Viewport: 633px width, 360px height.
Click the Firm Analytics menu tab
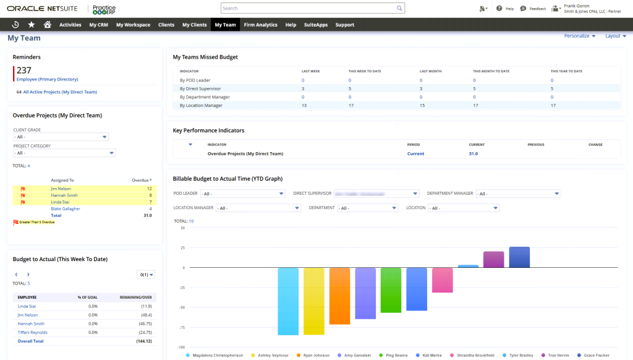coord(260,25)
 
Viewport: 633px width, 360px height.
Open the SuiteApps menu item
coord(316,25)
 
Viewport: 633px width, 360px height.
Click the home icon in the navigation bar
coord(48,25)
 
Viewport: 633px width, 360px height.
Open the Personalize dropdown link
coord(579,36)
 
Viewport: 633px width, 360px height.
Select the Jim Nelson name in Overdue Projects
coord(61,188)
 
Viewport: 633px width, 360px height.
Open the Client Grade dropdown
coord(61,137)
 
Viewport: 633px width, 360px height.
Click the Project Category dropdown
coord(64,153)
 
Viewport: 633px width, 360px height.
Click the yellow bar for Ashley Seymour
coord(313,301)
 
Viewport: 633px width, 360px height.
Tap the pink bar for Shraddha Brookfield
coord(443,280)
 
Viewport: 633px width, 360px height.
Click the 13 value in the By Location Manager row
coord(304,105)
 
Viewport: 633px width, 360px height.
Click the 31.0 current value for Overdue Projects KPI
coord(474,153)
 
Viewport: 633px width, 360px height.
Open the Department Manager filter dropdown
coord(518,194)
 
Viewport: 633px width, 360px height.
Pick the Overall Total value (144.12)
coord(144,341)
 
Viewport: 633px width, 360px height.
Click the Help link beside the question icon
coord(509,9)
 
